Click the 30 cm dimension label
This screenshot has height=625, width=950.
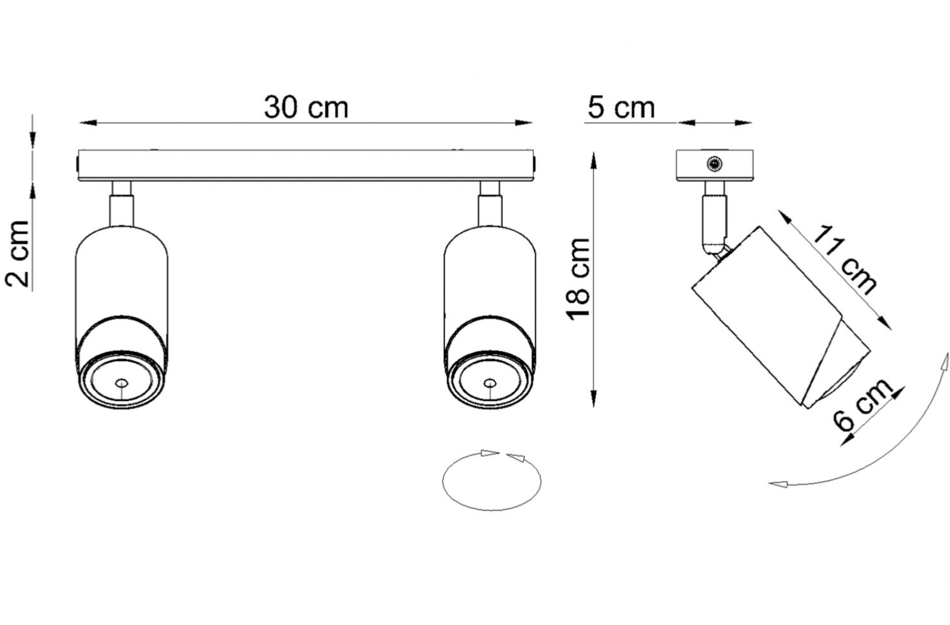pyautogui.click(x=306, y=108)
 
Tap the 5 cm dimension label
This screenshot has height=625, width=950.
pyautogui.click(x=621, y=108)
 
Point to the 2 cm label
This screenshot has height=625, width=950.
pyautogui.click(x=17, y=254)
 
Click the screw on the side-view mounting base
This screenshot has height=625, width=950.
pyautogui.click(x=715, y=164)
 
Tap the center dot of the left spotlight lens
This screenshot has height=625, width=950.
pyautogui.click(x=122, y=383)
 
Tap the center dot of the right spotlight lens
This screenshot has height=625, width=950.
pyautogui.click(x=490, y=383)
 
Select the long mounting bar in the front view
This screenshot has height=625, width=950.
pyautogui.click(x=306, y=165)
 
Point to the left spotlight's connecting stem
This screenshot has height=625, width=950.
pyautogui.click(x=122, y=204)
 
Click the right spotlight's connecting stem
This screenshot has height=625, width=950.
pyautogui.click(x=490, y=204)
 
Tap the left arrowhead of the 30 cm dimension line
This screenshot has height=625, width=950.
pyautogui.click(x=87, y=123)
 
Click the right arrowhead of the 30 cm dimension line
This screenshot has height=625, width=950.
pyautogui.click(x=524, y=123)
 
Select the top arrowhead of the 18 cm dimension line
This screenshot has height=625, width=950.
pyautogui.click(x=594, y=161)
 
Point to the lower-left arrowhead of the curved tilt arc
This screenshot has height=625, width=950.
pyautogui.click(x=778, y=484)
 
